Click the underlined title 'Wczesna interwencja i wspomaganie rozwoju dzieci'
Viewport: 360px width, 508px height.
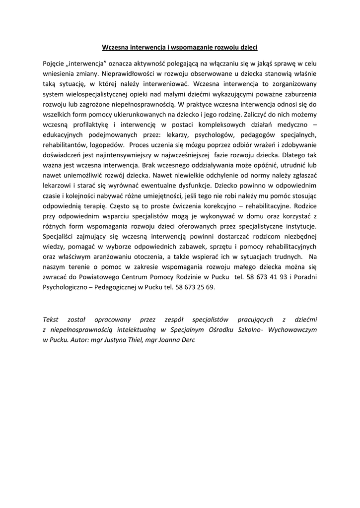pos(179,48)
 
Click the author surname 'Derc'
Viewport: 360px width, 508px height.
pos(188,341)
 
